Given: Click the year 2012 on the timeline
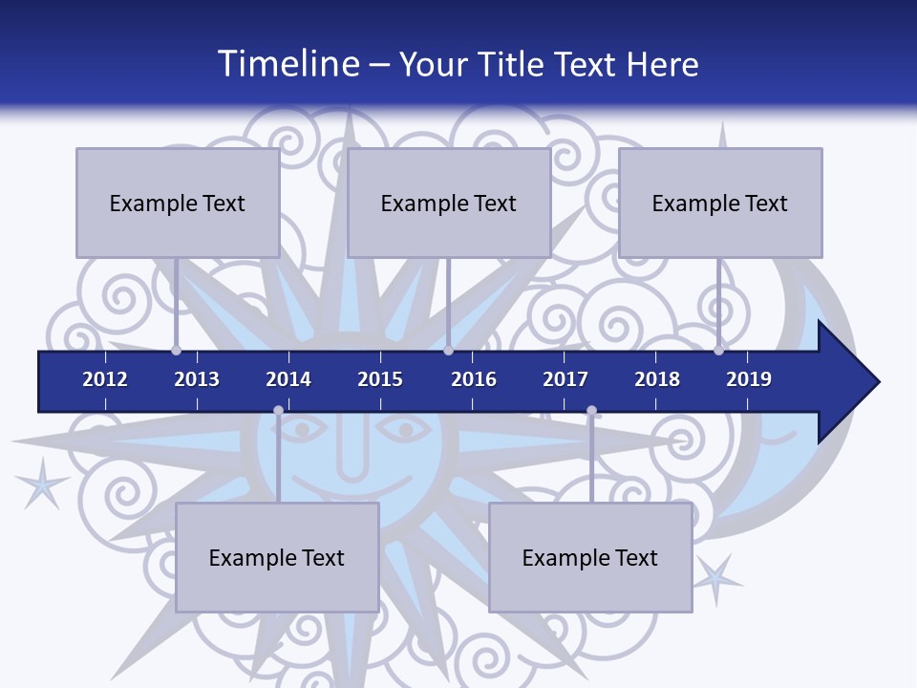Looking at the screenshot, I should tap(105, 379).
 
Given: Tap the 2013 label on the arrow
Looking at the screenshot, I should tap(197, 379).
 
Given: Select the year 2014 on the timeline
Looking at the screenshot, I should tap(288, 379).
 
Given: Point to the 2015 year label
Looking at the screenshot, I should tap(380, 379).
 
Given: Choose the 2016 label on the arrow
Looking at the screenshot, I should tap(474, 379).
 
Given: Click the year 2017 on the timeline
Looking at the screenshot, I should tap(565, 379).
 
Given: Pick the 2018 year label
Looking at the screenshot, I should tap(657, 379).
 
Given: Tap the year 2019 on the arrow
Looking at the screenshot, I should tap(749, 379).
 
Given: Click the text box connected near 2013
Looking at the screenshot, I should tap(178, 203).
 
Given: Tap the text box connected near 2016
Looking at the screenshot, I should tap(449, 203).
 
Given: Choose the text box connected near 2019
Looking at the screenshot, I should tap(720, 203).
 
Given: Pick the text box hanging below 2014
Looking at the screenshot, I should tap(277, 557).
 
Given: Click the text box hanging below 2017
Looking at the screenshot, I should tap(590, 557).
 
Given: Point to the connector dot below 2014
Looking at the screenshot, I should tap(278, 411).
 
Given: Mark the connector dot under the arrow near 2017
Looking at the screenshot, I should tap(591, 411).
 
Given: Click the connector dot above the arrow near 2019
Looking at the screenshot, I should tap(718, 350).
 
